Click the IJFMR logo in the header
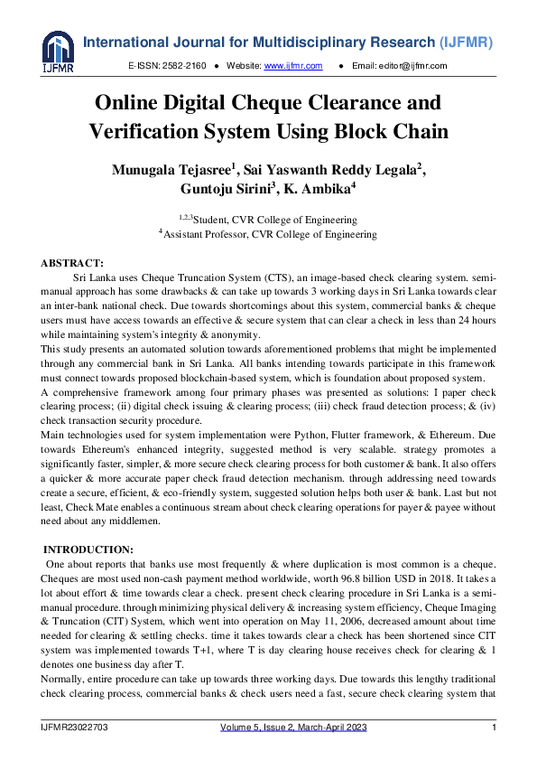coord(57,52)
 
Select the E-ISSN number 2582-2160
coord(185,66)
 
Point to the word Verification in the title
coord(151,131)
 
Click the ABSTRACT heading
coord(72,262)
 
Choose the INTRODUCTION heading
coord(88,549)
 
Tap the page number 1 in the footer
coord(494,728)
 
